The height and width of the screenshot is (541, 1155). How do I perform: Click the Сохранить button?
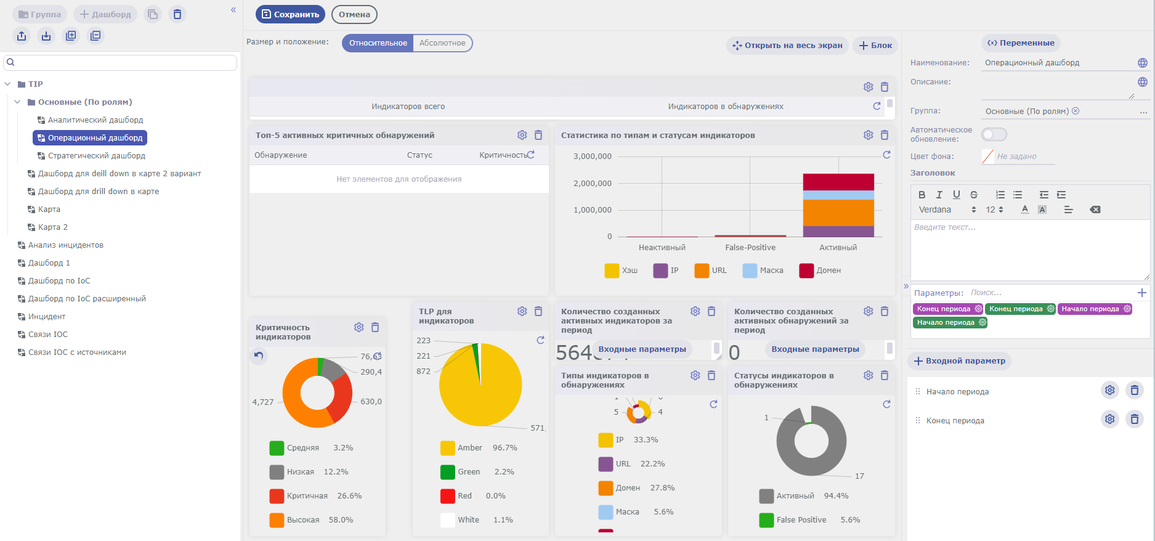pos(290,14)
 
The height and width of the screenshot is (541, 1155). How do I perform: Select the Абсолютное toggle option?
pos(442,43)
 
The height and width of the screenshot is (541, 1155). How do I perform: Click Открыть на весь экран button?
pos(787,46)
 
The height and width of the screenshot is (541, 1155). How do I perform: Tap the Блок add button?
pos(875,46)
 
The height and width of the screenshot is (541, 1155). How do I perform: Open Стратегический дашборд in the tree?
pos(96,156)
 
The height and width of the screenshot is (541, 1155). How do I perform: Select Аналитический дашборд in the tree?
pos(95,120)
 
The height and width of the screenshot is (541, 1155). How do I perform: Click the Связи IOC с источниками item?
pos(77,352)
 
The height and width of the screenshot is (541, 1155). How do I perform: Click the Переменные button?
pos(1021,43)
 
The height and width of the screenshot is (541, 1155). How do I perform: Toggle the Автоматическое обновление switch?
pos(994,134)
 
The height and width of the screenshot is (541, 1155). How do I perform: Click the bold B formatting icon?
pos(922,195)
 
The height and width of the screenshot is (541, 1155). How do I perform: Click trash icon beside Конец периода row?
pos(1134,420)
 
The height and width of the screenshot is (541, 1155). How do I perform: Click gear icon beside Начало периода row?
pos(1109,390)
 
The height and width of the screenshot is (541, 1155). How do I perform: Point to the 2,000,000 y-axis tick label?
pos(592,184)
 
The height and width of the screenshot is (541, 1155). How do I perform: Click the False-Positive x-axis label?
pos(750,248)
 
